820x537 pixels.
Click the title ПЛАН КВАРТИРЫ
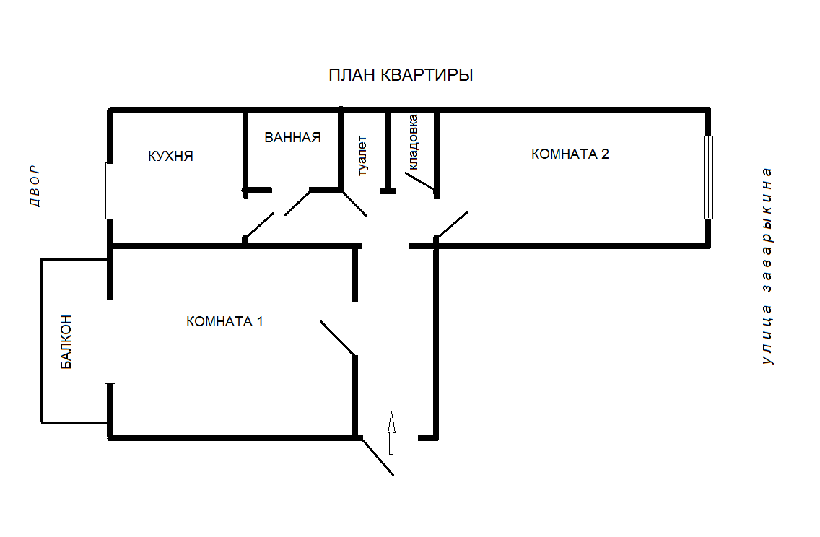pyautogui.click(x=401, y=75)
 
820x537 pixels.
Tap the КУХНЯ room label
pyautogui.click(x=170, y=156)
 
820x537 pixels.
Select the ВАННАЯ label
pyautogui.click(x=292, y=137)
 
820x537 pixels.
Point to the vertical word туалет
pyautogui.click(x=362, y=155)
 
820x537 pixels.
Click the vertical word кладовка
pyautogui.click(x=413, y=142)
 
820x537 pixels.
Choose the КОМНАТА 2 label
pyautogui.click(x=570, y=154)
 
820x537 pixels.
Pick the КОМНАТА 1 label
pyautogui.click(x=224, y=321)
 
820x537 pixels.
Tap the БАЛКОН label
pyautogui.click(x=66, y=341)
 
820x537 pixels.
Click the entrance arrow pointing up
pyautogui.click(x=391, y=432)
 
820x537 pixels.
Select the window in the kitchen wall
pyautogui.click(x=109, y=191)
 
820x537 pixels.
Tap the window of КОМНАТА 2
pyautogui.click(x=708, y=177)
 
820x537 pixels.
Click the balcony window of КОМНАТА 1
pyautogui.click(x=110, y=341)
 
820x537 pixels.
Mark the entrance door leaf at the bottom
pyautogui.click(x=376, y=456)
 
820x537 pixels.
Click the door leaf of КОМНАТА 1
pyautogui.click(x=337, y=338)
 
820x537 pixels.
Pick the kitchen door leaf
pyautogui.click(x=259, y=225)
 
